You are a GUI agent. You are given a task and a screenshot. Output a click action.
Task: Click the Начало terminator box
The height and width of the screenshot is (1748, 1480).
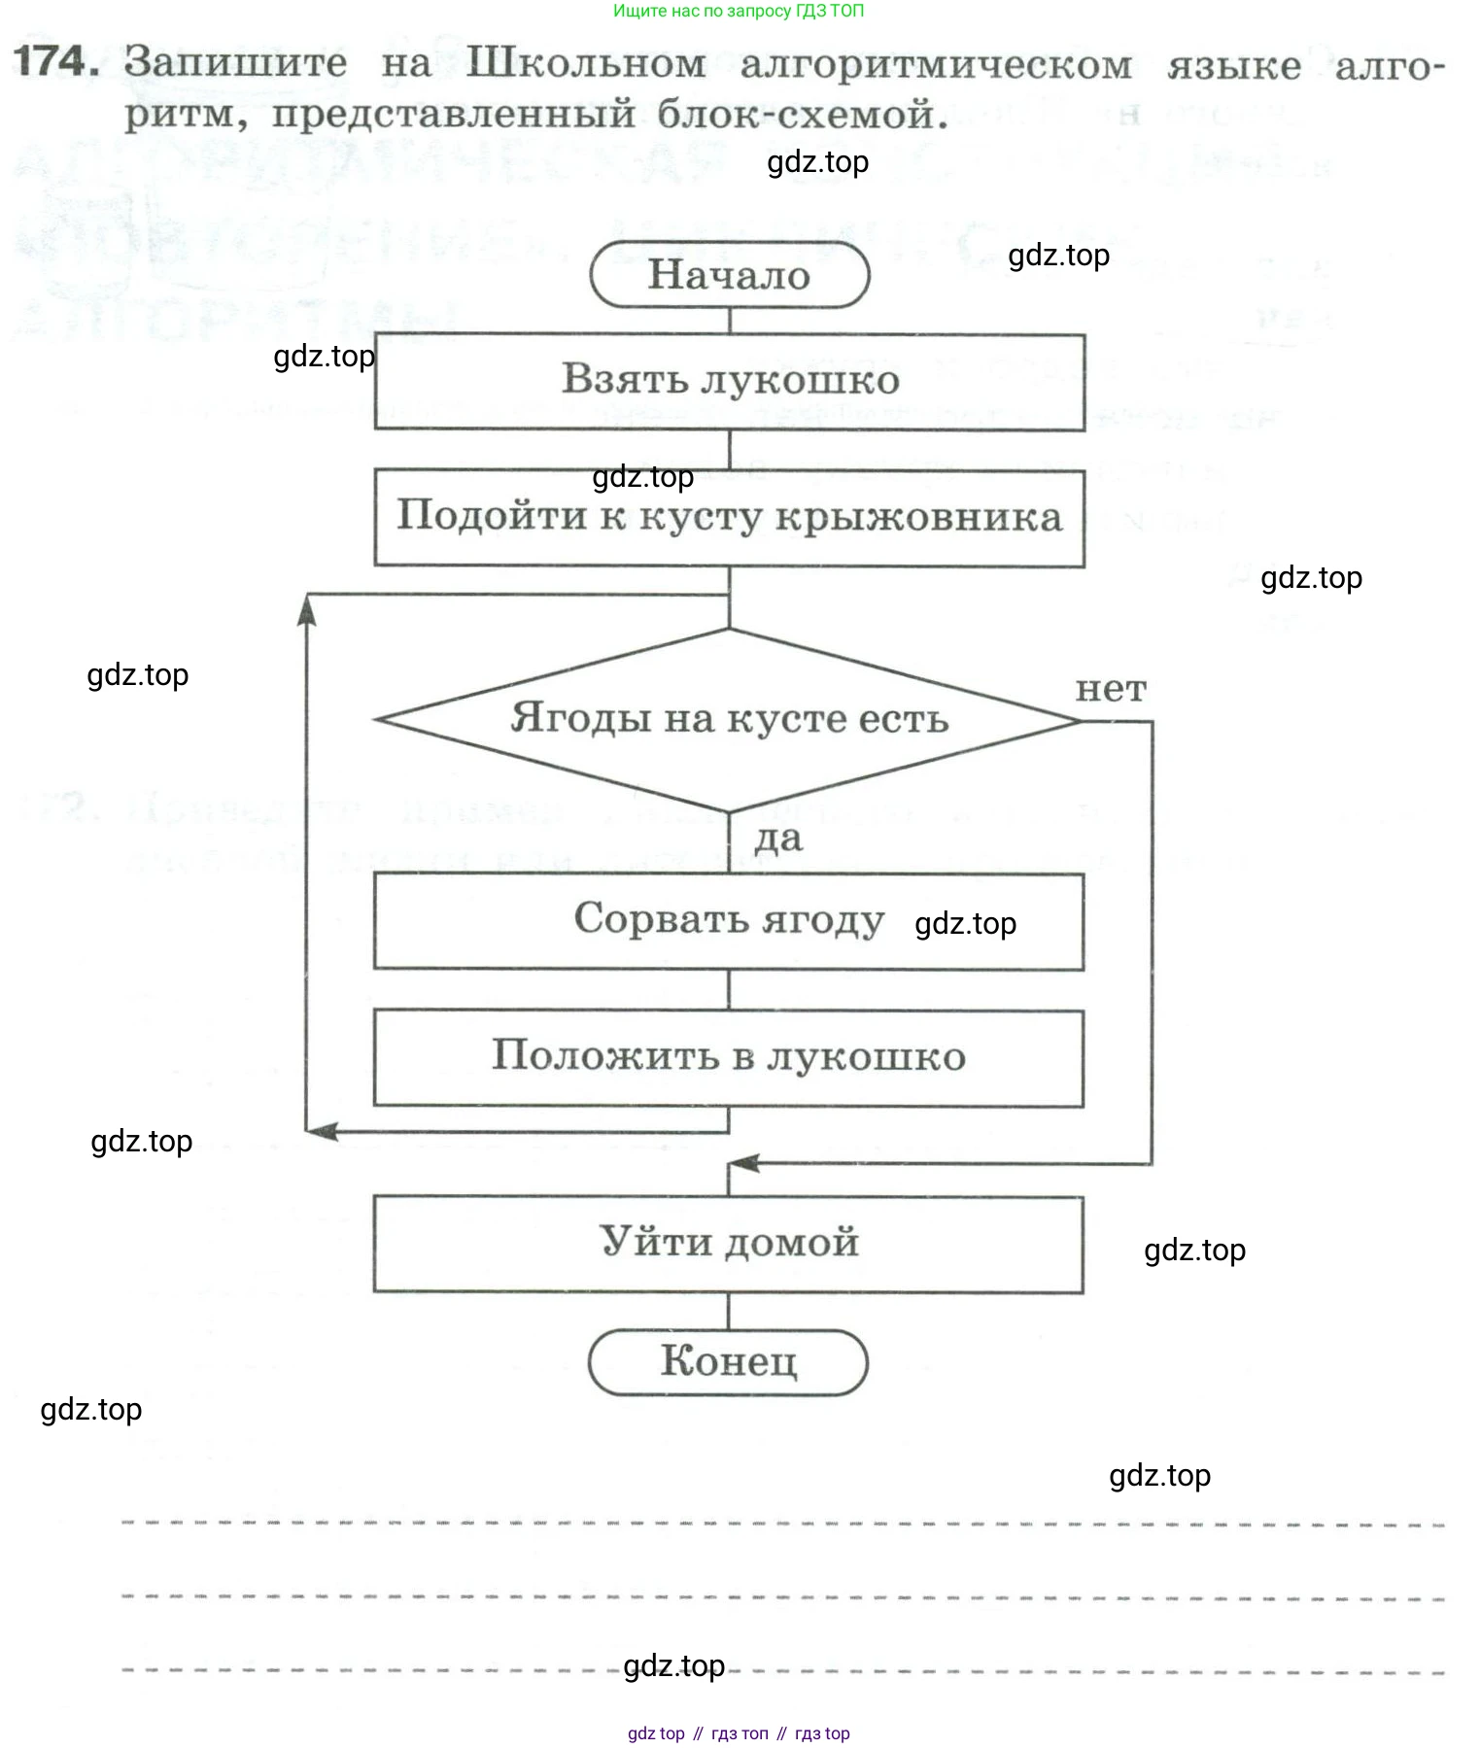[729, 275]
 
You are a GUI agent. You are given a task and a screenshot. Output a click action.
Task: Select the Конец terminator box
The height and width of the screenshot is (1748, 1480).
[728, 1361]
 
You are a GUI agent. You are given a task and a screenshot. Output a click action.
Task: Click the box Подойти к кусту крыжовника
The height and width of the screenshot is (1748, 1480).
[729, 518]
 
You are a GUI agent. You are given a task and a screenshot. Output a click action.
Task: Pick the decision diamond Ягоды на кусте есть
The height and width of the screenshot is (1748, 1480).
[729, 720]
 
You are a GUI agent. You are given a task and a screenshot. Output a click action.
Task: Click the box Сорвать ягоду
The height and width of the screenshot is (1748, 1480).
[729, 920]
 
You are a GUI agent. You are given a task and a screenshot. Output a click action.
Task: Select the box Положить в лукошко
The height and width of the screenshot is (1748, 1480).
[729, 1057]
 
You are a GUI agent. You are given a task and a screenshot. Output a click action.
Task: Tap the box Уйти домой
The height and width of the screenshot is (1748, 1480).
[729, 1244]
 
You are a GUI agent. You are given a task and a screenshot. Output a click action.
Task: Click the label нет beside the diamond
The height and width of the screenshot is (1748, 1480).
[1111, 690]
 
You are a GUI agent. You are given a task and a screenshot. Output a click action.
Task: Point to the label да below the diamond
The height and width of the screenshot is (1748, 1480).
[778, 839]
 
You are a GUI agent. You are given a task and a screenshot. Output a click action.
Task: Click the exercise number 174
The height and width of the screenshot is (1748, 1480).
[56, 63]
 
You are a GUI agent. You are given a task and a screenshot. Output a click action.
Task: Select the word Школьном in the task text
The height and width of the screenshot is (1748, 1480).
[586, 64]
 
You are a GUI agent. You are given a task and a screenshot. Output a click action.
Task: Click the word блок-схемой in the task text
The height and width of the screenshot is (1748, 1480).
[802, 116]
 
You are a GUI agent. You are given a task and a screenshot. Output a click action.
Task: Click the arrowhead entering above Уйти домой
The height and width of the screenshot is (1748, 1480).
[744, 1162]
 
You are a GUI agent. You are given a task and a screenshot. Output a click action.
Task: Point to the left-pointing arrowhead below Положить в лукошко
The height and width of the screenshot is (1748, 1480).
[323, 1131]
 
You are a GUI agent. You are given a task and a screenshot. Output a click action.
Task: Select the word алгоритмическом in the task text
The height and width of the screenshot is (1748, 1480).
[936, 66]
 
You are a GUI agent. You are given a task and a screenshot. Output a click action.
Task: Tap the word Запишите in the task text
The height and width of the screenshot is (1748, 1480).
[235, 64]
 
